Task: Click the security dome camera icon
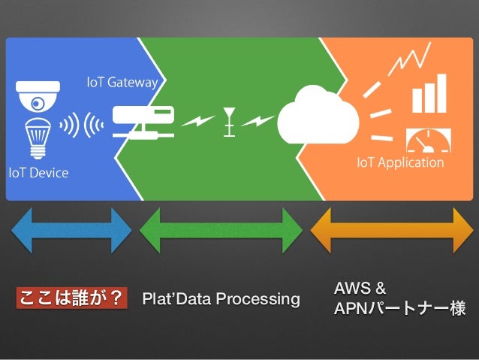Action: tap(38, 96)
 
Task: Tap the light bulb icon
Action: tap(38, 138)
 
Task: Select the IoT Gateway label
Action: tap(122, 83)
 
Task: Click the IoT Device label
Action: tap(38, 173)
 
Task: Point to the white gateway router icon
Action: tap(143, 123)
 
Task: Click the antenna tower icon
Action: tap(229, 122)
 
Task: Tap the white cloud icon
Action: tap(318, 115)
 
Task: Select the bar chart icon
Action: tap(429, 93)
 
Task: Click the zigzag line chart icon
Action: tap(409, 59)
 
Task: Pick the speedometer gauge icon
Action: tap(428, 141)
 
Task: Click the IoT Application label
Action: tap(400, 163)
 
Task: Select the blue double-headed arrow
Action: tap(71, 230)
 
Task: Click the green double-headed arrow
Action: tap(221, 230)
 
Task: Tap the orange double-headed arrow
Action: tap(392, 230)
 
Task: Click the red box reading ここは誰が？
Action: tap(72, 298)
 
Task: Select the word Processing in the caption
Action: tap(258, 299)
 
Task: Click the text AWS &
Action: tap(360, 288)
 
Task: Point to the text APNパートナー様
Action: tap(399, 307)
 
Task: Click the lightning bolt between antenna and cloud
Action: tap(258, 121)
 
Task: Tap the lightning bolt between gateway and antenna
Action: tap(198, 121)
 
